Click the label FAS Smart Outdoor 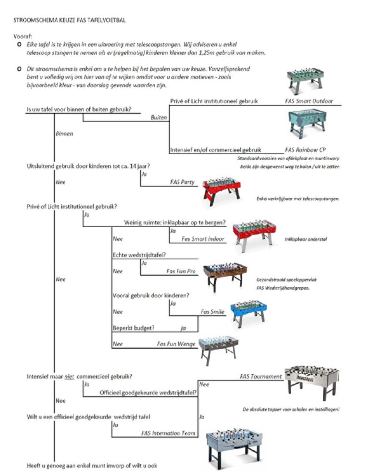(x=308, y=101)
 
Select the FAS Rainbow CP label (x=305, y=150)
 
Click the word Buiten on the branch (x=159, y=117)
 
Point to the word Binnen (x=64, y=134)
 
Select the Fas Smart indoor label (x=203, y=239)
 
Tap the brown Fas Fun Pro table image (x=225, y=275)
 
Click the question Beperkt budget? (x=134, y=328)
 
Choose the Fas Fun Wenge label (x=175, y=344)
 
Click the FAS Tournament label (x=260, y=376)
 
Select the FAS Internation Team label (x=169, y=433)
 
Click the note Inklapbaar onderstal (x=306, y=239)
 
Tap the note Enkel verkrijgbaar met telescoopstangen (x=298, y=199)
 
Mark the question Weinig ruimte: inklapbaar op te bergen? (x=174, y=222)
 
